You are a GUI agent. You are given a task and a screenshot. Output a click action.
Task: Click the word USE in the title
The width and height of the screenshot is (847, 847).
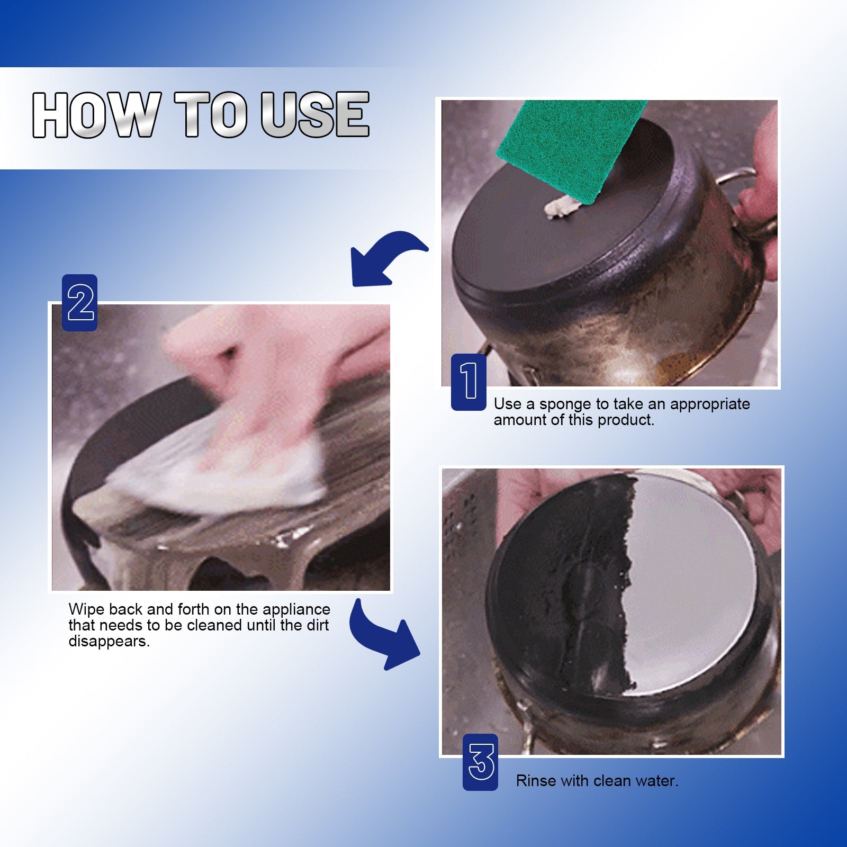click(314, 115)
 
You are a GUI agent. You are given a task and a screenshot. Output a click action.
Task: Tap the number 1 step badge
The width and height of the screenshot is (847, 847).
click(468, 382)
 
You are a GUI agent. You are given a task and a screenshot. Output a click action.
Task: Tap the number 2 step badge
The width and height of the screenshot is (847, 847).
click(80, 303)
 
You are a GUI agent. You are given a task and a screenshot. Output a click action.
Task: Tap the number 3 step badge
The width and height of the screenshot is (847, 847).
click(481, 762)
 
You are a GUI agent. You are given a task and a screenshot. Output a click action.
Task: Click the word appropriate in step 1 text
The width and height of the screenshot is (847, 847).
click(710, 404)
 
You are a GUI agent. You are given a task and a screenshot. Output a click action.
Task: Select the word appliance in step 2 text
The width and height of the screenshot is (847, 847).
click(296, 610)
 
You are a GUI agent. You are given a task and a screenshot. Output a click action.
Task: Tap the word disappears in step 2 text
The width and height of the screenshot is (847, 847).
click(109, 642)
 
